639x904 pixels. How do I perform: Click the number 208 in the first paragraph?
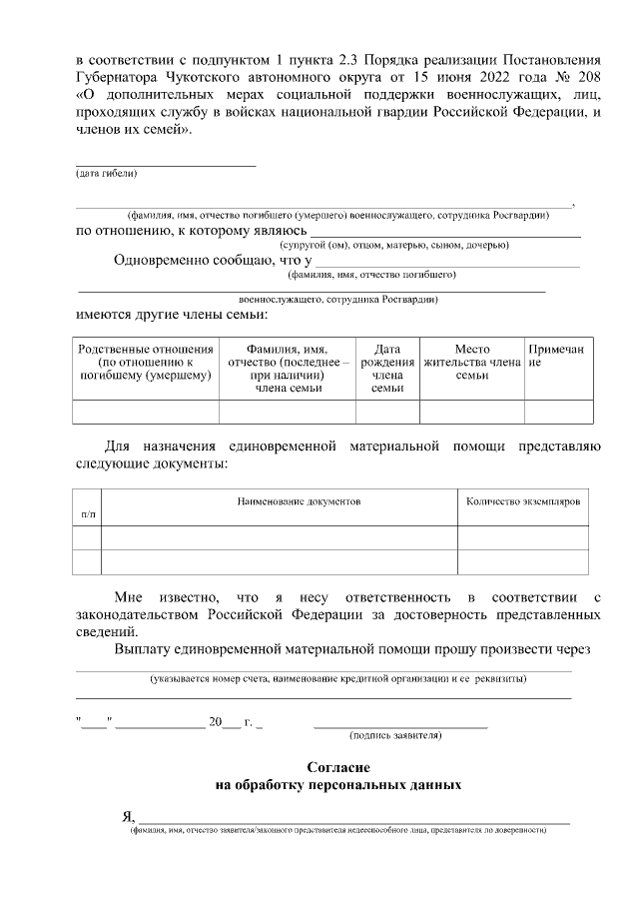[587, 75]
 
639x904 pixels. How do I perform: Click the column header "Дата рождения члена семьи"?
[386, 369]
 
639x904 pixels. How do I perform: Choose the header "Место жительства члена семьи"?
[471, 362]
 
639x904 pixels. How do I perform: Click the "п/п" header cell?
[88, 512]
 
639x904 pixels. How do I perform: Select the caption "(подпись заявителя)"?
[395, 735]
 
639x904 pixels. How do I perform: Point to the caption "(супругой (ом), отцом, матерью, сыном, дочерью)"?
[394, 245]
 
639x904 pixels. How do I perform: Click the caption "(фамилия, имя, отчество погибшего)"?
[371, 274]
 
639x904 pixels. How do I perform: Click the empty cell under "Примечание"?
[556, 412]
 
